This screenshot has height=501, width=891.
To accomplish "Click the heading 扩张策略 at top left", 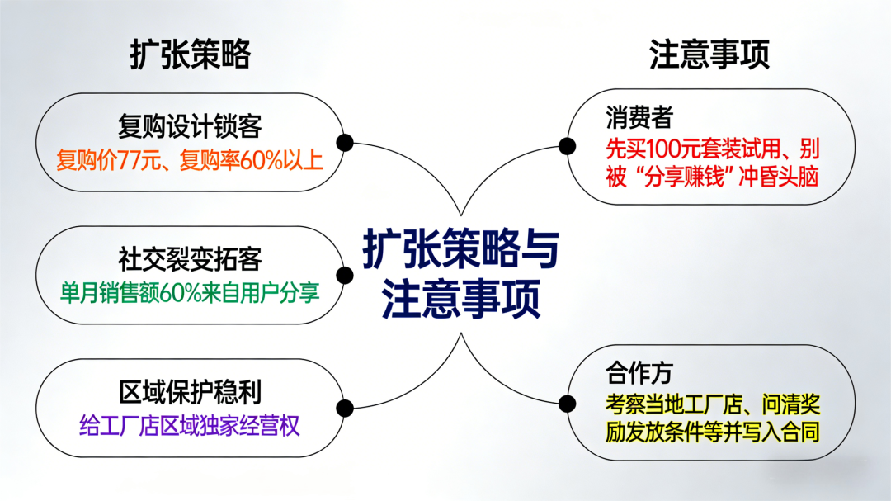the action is (190, 55).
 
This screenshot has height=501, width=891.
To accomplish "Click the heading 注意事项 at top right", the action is (709, 55).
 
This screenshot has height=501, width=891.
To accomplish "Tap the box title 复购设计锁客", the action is (190, 126).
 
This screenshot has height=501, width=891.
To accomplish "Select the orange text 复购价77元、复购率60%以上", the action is (190, 159).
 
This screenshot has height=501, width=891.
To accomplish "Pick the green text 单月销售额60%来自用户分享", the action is (190, 292).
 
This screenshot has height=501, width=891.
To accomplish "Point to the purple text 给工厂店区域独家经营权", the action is (190, 425).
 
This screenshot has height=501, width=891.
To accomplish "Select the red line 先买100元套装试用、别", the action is (712, 149).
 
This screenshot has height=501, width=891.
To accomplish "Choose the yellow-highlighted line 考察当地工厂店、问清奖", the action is (712, 404).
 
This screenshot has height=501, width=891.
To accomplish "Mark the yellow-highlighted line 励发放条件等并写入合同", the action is (712, 431).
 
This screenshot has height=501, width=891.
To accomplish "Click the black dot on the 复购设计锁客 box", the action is (346, 143).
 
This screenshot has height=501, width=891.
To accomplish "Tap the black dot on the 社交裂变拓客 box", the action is (346, 276).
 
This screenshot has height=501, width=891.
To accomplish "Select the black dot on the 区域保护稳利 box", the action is (346, 408).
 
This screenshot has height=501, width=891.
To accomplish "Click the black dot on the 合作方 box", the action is (567, 403).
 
